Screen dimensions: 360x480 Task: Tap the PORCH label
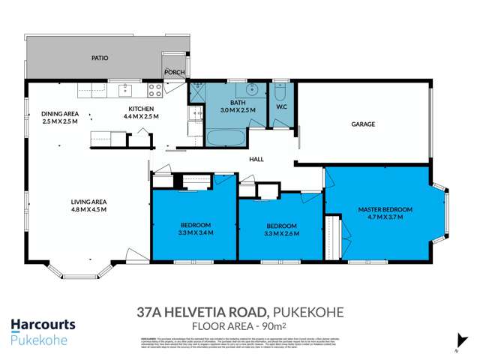tap(174, 73)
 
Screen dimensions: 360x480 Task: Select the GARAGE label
tap(363, 124)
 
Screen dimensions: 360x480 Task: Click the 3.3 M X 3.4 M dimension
tap(195, 233)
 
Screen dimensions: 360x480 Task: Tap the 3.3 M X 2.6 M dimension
tap(281, 233)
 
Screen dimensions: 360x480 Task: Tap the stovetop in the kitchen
tap(155, 91)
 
